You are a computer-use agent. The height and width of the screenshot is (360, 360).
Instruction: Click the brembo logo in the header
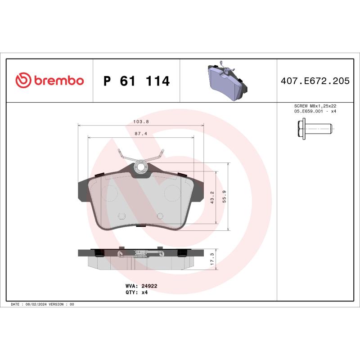pos(49,81)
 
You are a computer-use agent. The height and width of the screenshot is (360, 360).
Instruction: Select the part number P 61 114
pos(136,81)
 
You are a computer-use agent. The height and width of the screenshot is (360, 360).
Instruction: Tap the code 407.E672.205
pos(315,81)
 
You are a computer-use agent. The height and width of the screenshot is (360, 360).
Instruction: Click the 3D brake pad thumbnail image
pos(228,81)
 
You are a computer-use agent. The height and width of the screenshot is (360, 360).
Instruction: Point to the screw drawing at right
pos(315,128)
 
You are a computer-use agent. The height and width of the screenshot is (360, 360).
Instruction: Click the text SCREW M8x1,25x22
pos(315,106)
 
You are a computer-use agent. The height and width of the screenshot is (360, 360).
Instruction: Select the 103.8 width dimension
pos(141,122)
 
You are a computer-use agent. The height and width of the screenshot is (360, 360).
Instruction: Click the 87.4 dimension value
pos(141,133)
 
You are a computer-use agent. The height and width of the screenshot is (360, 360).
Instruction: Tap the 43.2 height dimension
pos(212,197)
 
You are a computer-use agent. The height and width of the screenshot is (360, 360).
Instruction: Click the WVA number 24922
pos(149,286)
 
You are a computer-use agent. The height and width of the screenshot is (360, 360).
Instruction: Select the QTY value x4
pos(145,292)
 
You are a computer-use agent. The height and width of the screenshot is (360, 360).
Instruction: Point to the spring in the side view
pos(141,254)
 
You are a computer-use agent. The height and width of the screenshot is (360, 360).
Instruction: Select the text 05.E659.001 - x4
pos(315,111)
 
